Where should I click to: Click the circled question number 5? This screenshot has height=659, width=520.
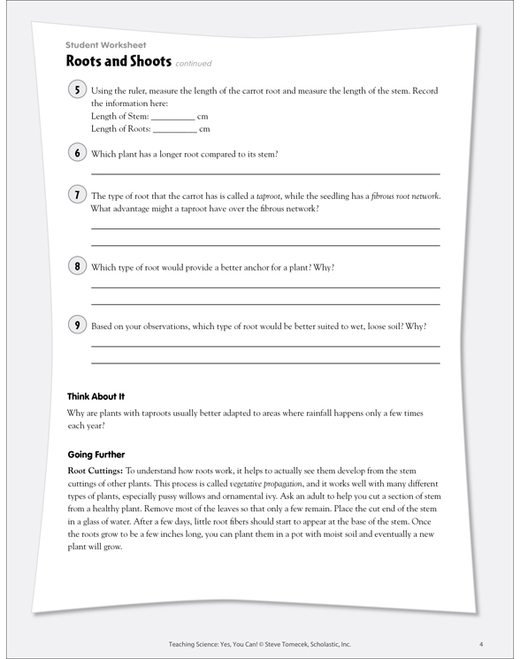77,90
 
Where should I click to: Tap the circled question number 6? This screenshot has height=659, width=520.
77,153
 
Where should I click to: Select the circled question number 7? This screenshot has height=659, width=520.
77,195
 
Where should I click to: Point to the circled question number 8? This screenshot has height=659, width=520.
77,266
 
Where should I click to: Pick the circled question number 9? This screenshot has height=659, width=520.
77,325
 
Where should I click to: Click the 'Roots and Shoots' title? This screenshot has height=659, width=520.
118,62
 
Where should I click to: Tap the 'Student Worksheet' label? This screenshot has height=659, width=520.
105,44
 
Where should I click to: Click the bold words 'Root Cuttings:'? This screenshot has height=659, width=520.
96,472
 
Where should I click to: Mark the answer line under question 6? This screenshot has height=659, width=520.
265,172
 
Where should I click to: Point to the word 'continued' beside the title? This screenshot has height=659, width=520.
194,64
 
